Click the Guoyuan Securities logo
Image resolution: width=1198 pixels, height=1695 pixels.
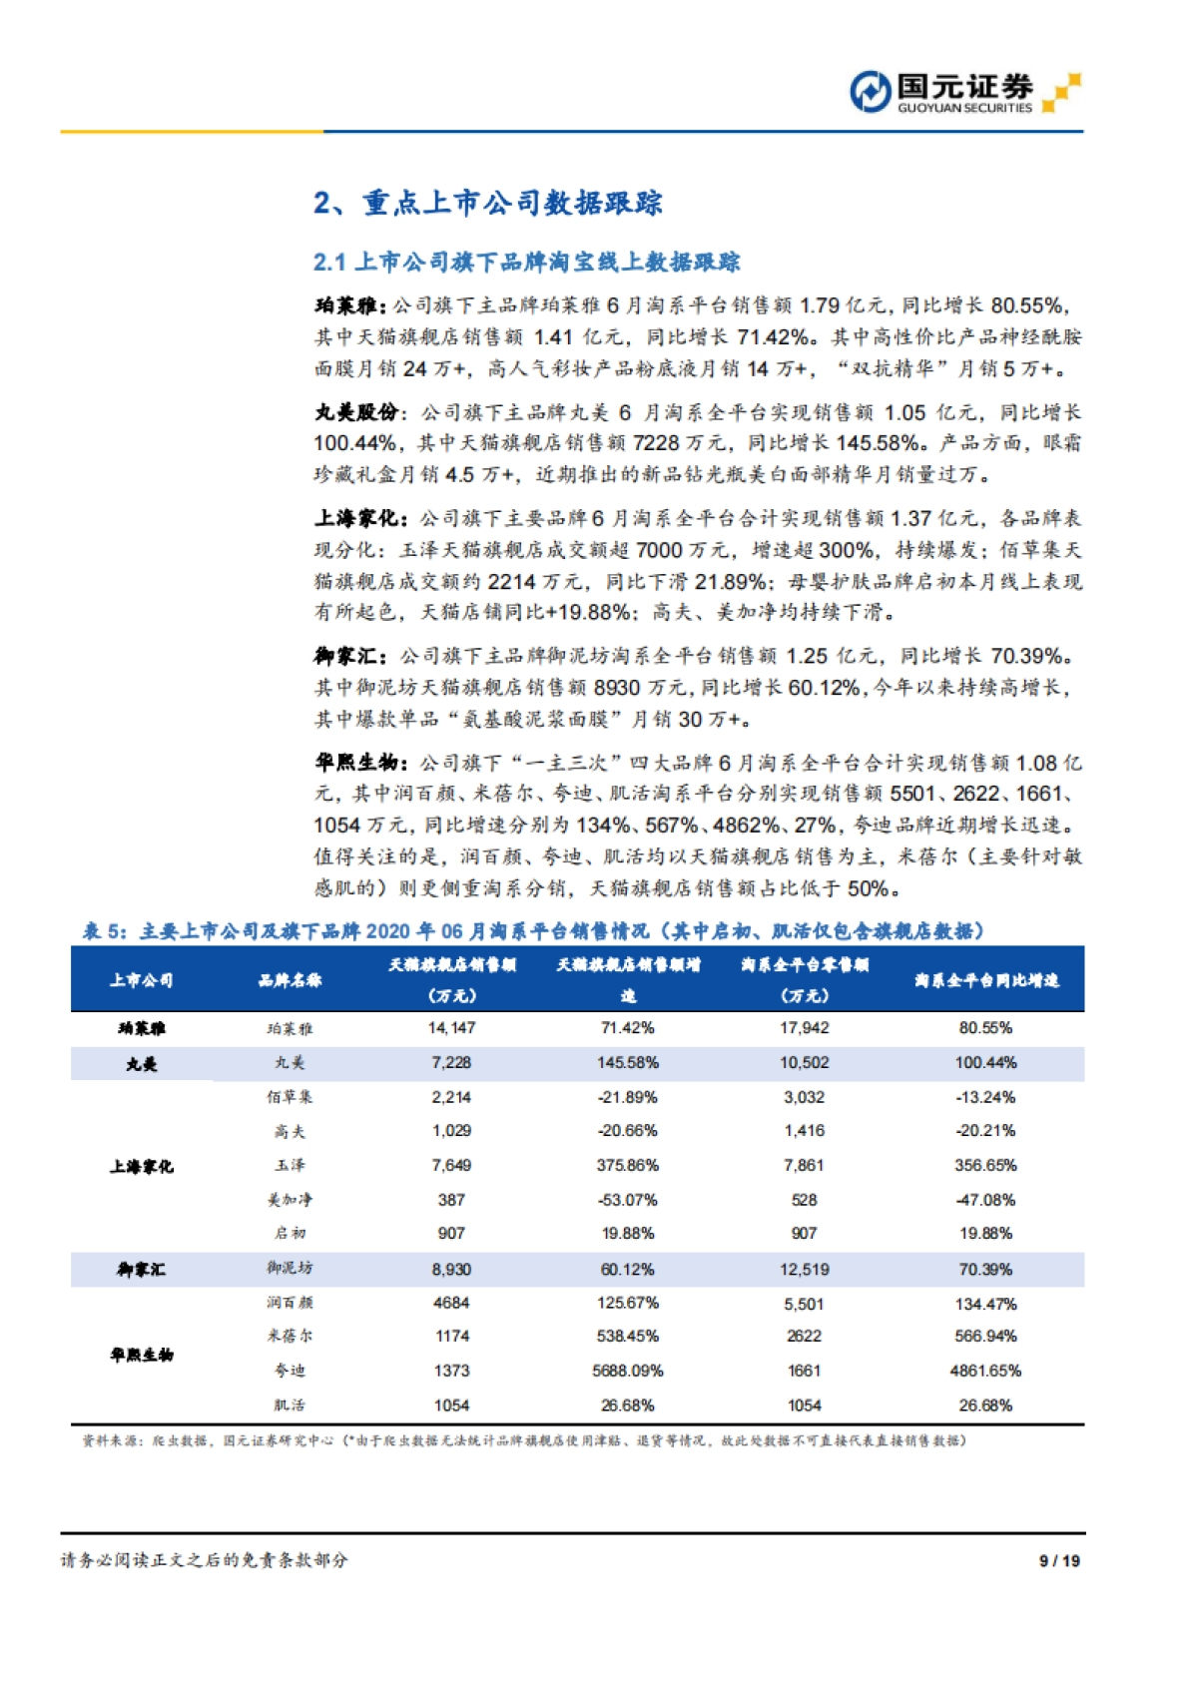coord(963,93)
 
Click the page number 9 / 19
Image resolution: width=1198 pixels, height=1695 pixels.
coord(1059,1560)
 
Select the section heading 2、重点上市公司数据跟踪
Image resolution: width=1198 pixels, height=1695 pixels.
coord(487,203)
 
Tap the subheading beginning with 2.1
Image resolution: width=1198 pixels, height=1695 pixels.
coord(526,263)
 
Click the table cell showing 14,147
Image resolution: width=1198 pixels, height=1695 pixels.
coord(451,1028)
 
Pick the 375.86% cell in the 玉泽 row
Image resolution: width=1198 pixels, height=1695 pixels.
coord(627,1166)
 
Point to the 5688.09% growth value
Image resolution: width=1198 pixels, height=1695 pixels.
coord(627,1372)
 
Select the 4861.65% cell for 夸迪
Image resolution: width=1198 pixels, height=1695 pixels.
coord(985,1372)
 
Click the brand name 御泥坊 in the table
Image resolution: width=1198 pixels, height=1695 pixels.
coord(290,1269)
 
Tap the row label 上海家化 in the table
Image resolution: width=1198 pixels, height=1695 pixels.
coord(141,1166)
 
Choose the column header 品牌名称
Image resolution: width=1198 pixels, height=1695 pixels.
coord(290,980)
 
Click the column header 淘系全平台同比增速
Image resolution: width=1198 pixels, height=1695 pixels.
coord(985,980)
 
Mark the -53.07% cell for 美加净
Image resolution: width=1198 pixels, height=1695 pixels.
coord(627,1200)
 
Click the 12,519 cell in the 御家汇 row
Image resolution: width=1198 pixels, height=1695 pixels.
coord(804,1270)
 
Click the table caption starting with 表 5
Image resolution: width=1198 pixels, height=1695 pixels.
coord(533,931)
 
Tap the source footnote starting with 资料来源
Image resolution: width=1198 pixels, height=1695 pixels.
coord(523,1440)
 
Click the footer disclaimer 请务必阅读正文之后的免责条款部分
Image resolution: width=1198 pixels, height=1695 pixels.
coord(204,1560)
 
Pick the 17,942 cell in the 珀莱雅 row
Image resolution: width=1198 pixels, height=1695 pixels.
coord(804,1028)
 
